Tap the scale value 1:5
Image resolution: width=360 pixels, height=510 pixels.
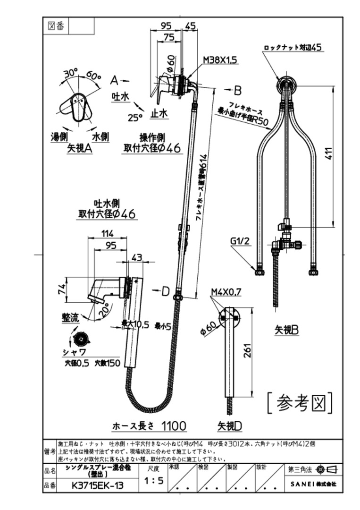pos(154,481)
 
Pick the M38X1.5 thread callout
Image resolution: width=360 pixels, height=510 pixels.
pos(220,60)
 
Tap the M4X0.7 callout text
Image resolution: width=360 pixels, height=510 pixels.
pos(226,292)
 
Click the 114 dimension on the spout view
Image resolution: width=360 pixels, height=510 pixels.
pos(108,233)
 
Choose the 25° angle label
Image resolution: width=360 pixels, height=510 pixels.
pos(135,118)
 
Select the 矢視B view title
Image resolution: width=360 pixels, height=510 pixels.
pos(287,330)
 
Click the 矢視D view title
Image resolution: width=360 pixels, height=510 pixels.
pos(230,426)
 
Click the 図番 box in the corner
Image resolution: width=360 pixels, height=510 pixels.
pos(56,26)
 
